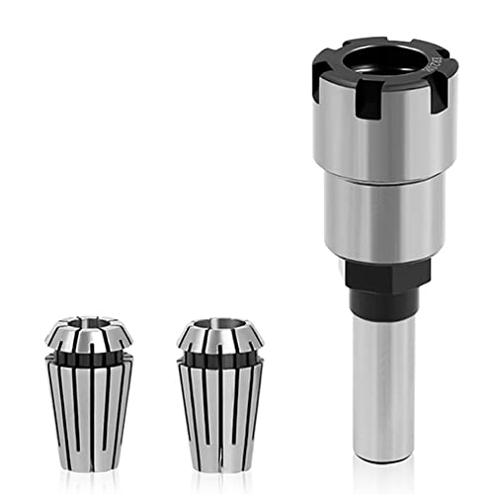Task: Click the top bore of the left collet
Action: (89, 325)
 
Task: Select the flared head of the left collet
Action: (89, 336)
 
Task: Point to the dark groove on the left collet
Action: (89, 354)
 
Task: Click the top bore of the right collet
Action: (219, 326)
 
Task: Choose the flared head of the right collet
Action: (219, 339)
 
